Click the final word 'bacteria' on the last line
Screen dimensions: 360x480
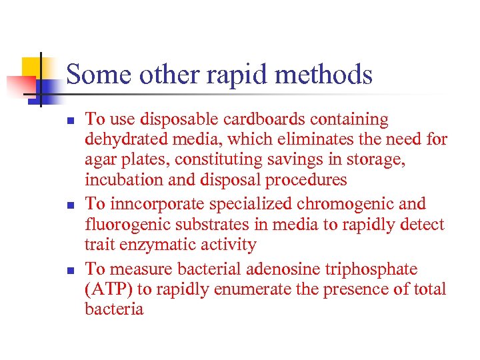click(x=114, y=309)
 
